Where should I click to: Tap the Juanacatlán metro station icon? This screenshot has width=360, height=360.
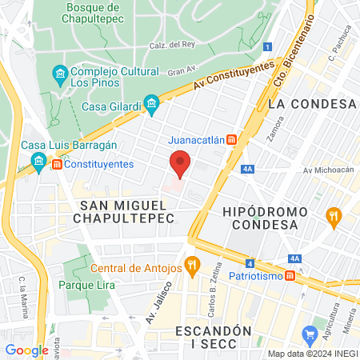pyautogui.click(x=232, y=138)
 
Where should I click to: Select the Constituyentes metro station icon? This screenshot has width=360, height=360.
pyautogui.click(x=58, y=164)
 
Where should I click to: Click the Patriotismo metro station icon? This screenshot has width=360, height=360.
pyautogui.click(x=290, y=275)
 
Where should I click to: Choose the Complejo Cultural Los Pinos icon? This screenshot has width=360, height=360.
pyautogui.click(x=59, y=75)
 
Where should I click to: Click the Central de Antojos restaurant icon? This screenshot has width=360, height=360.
pyautogui.click(x=191, y=264)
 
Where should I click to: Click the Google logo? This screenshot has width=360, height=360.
pyautogui.click(x=26, y=350)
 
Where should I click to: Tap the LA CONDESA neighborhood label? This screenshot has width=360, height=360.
pyautogui.click(x=312, y=104)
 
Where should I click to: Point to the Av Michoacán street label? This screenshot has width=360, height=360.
pyautogui.click(x=328, y=170)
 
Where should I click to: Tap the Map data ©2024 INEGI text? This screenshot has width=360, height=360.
pyautogui.click(x=312, y=354)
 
